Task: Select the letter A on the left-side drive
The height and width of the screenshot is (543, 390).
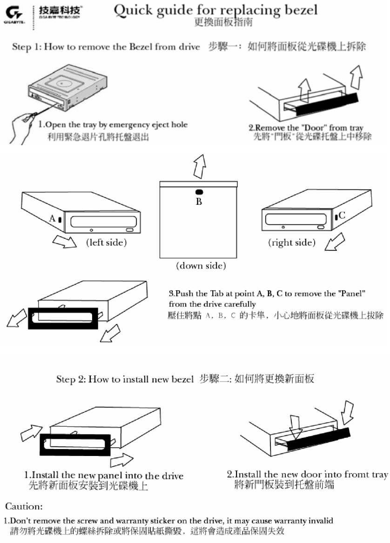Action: [x=52, y=218]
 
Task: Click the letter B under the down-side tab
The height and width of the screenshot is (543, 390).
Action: [x=199, y=201]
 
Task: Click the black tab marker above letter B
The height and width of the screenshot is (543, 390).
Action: [x=199, y=192]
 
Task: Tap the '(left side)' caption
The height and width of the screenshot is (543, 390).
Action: [x=107, y=242]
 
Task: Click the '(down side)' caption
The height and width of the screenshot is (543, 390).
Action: [x=201, y=266]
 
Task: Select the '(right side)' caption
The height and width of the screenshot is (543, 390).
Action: [x=292, y=242]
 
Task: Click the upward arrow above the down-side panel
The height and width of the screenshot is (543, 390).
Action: [x=199, y=166]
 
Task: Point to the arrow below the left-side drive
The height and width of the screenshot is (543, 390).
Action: [x=64, y=241]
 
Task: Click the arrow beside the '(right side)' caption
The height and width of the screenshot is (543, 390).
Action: [x=335, y=243]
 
